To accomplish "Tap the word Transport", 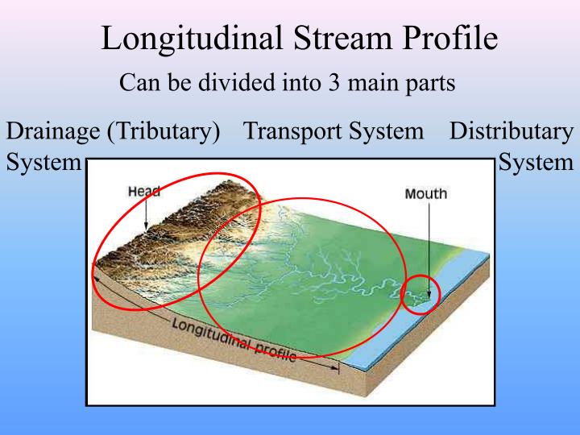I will [x=292, y=130].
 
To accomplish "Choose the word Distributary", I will [x=512, y=130].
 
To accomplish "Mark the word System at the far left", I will [x=43, y=162].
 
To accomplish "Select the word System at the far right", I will [x=536, y=162].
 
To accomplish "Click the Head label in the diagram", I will [x=144, y=192].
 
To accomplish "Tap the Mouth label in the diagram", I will [x=425, y=194].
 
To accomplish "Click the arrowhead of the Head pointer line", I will [x=146, y=230].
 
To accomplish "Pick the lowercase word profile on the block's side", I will [x=275, y=351].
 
